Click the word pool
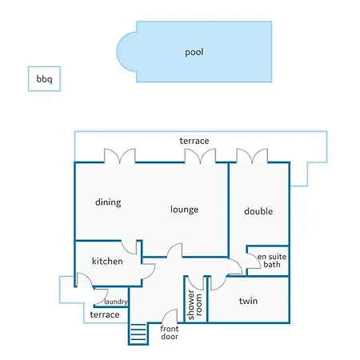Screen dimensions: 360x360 [194, 52]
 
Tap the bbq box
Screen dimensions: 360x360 [44, 78]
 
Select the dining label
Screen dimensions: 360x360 [108, 202]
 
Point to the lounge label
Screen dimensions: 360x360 [184, 209]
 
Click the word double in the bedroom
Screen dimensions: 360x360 [258, 211]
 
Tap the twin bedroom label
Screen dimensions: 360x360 [248, 301]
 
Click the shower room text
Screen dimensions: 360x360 [194, 305]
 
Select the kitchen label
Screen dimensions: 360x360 [107, 261]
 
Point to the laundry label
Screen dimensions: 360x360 [116, 302]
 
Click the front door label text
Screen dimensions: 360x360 [170, 333]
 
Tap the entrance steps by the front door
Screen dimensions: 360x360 [138, 334]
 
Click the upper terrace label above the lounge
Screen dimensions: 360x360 [194, 141]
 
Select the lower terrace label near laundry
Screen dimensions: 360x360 [105, 314]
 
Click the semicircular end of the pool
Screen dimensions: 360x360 [126, 52]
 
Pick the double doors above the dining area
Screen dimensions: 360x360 [120, 156]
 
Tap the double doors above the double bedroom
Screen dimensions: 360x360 [252, 156]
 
